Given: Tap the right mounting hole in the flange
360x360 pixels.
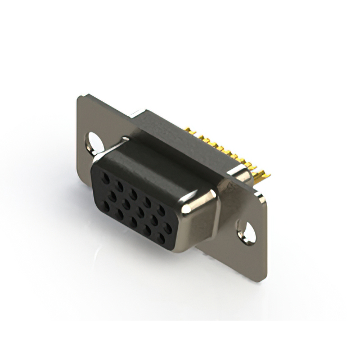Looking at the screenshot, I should (246, 231).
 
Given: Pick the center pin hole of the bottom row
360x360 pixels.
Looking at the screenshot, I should (134, 222).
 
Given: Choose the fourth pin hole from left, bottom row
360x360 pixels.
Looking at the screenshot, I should (148, 231).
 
